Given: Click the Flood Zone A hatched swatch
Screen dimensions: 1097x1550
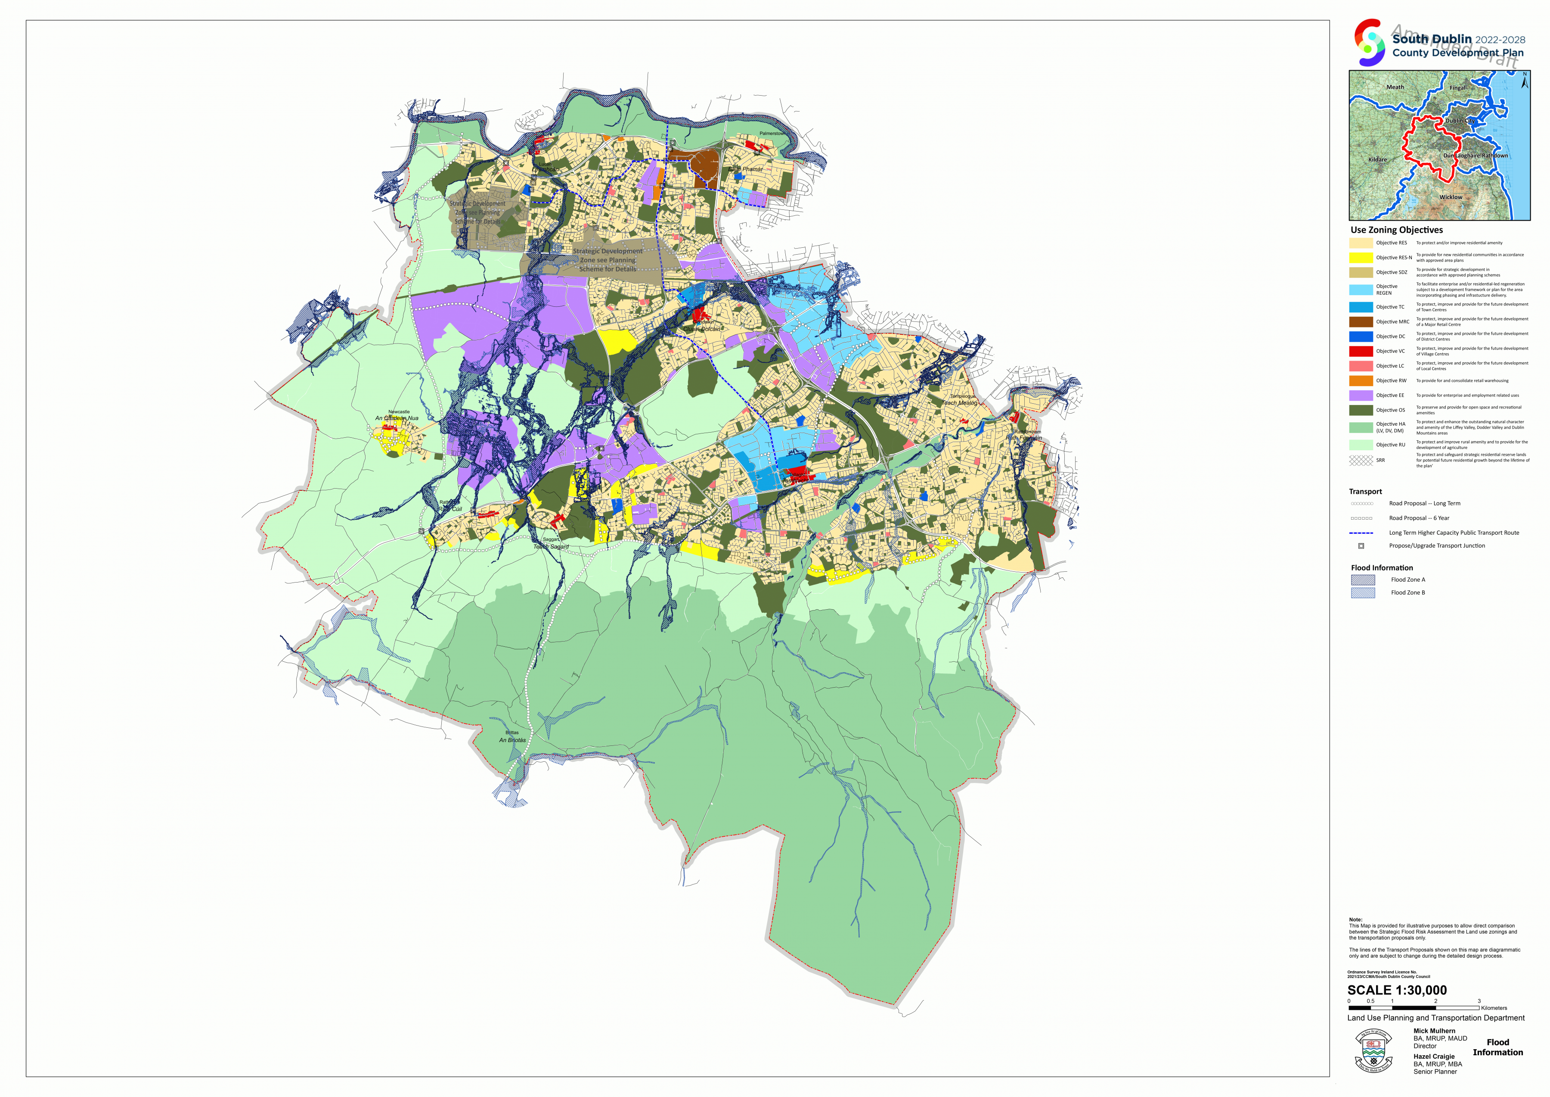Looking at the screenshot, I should coord(1362,580).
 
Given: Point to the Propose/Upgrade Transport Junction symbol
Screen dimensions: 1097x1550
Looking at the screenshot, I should coord(1361,546).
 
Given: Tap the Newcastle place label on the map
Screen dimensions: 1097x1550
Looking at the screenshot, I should coord(398,411).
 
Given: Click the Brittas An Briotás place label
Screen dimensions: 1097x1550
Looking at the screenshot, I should coord(512,736).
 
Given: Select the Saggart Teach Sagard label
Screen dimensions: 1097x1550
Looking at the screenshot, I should coord(551,543).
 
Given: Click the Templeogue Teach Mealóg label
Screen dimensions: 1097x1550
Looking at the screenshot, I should coord(960,399).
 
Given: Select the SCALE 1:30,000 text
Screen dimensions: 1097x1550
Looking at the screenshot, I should coord(1397,990).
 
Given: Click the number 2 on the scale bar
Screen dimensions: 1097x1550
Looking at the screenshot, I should coord(1435,1001).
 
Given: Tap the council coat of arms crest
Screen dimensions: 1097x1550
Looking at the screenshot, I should coord(1373,1051).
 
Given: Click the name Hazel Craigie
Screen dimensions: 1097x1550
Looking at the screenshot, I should coord(1434,1056).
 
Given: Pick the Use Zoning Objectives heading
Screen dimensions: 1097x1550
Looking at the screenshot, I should coord(1396,230).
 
